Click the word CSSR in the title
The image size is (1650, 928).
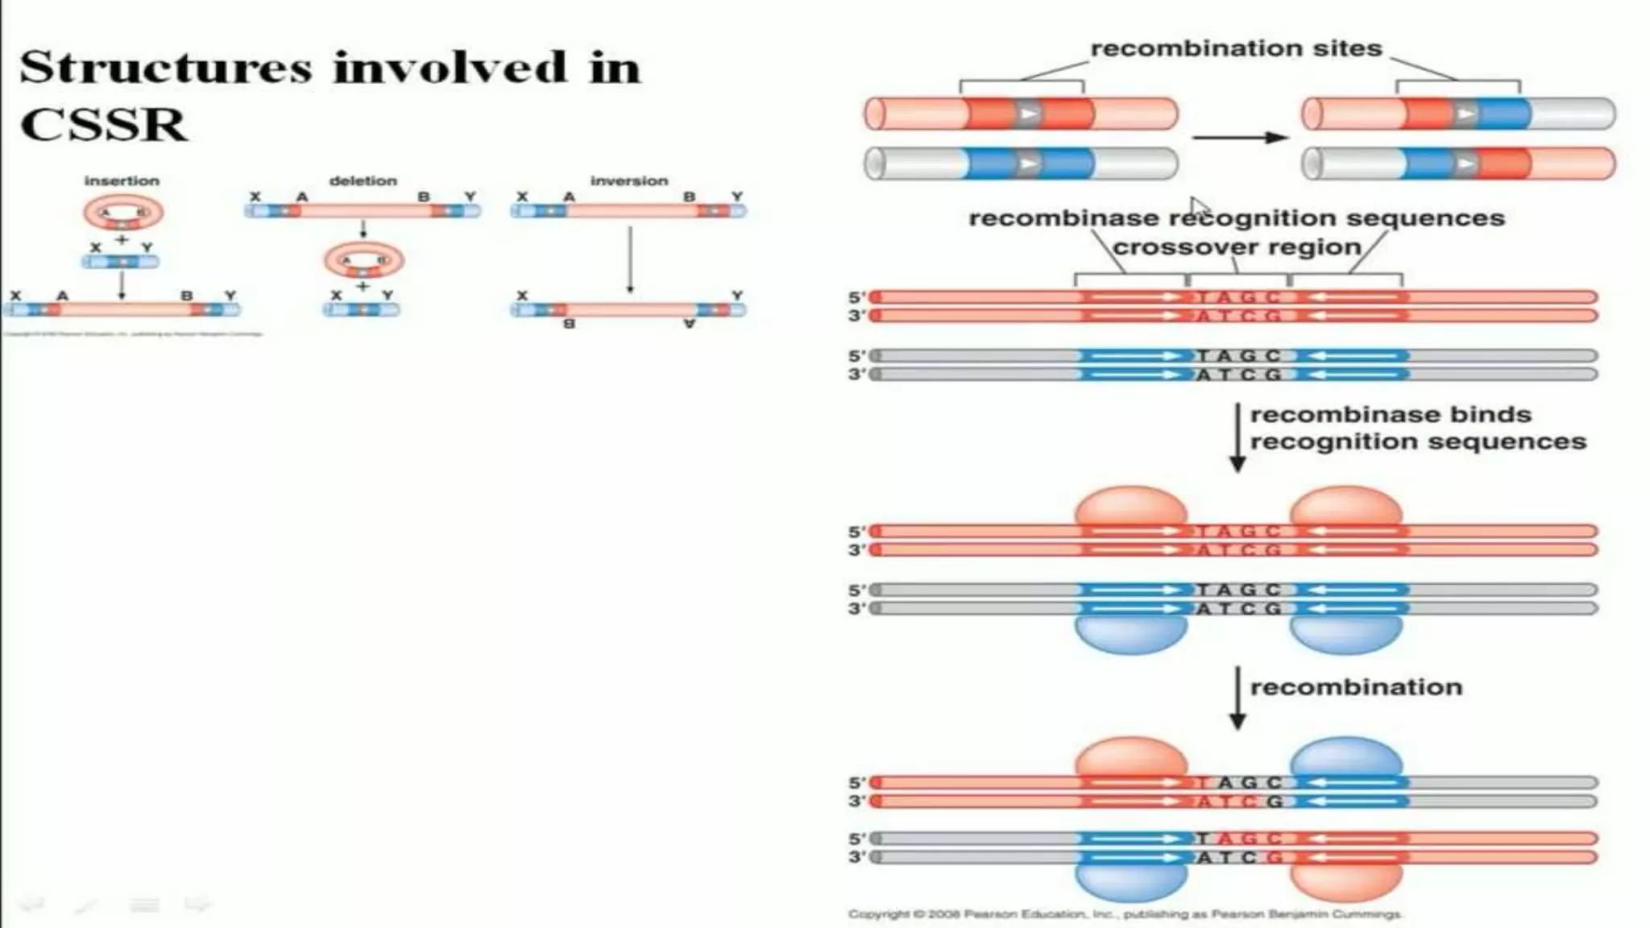click(103, 125)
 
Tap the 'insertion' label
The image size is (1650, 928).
click(122, 181)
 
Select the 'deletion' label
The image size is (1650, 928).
click(363, 181)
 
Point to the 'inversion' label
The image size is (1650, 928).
click(629, 181)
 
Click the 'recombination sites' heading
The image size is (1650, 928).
click(1236, 48)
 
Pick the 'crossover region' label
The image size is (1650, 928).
click(1237, 246)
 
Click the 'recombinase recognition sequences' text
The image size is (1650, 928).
click(1237, 218)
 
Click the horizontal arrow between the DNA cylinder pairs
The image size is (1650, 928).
click(1239, 138)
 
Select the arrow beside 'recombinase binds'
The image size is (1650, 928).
click(1237, 437)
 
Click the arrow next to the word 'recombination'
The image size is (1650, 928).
click(1237, 698)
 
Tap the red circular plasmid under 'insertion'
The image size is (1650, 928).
click(123, 213)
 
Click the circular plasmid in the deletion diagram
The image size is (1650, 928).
click(364, 260)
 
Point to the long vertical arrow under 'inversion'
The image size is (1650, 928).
click(630, 259)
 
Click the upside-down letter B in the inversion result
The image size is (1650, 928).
click(569, 324)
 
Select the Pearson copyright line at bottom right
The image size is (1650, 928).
click(1125, 914)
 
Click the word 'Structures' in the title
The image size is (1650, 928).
click(165, 67)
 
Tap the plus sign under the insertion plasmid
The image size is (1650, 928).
click(122, 240)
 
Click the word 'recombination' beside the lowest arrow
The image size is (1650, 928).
click(1356, 687)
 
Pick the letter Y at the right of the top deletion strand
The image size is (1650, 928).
click(471, 197)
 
